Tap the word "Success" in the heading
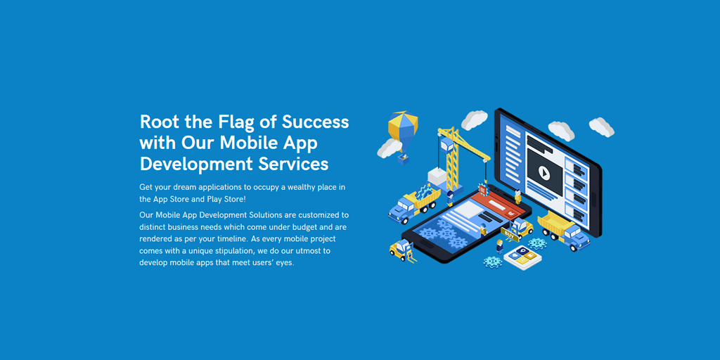[316, 122]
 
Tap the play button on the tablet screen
[544, 172]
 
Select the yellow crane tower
[451, 158]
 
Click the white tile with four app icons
[522, 256]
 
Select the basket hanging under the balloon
[404, 158]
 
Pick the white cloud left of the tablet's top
[474, 119]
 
